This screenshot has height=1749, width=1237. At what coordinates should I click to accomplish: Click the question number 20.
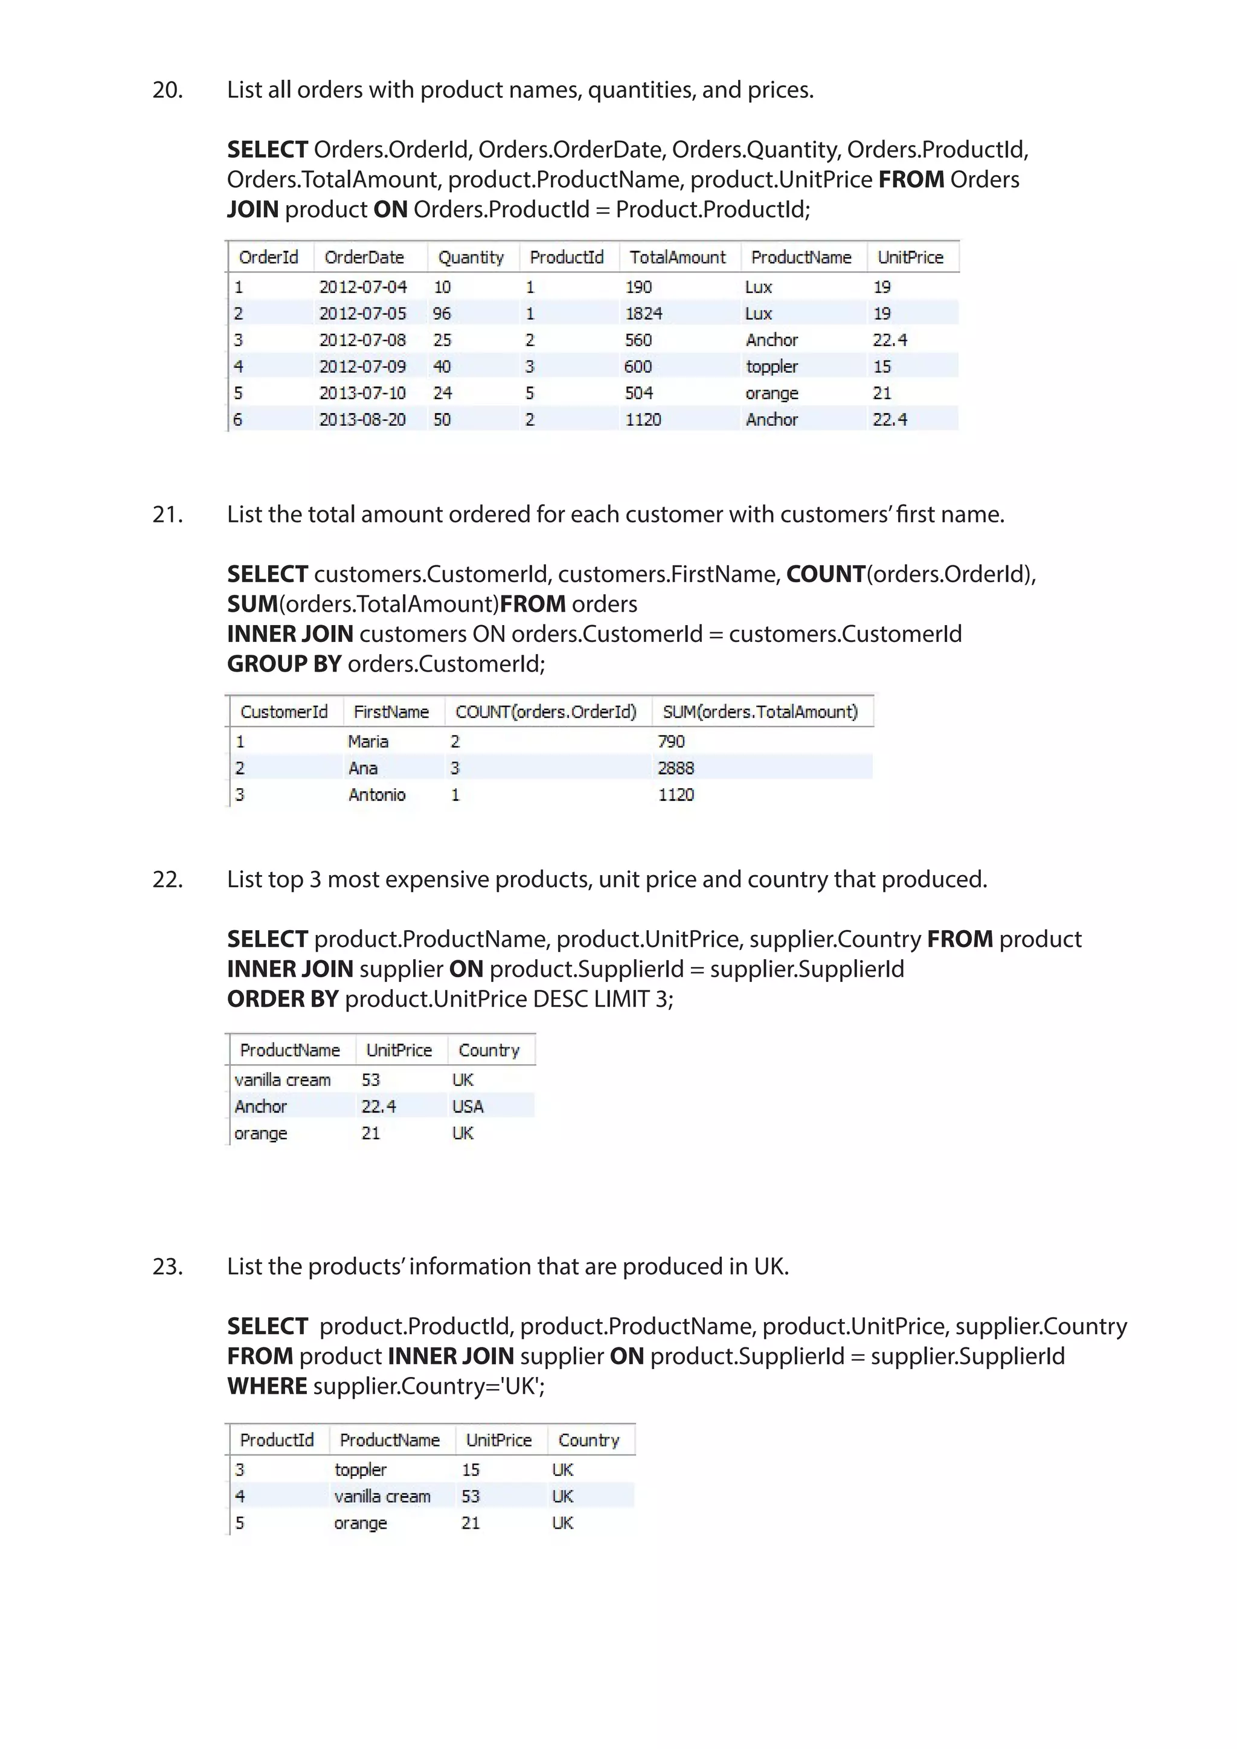click(x=167, y=90)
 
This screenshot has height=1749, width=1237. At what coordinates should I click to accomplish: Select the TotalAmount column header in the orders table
click(x=677, y=257)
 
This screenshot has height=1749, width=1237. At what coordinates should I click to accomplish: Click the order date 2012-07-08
click(x=362, y=340)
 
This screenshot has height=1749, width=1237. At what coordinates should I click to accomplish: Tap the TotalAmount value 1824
click(x=644, y=313)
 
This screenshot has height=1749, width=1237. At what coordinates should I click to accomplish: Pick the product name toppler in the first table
click(x=771, y=367)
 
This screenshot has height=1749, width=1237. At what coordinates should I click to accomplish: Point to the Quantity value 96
click(x=442, y=313)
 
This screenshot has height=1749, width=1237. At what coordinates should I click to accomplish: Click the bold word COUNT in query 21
click(x=825, y=574)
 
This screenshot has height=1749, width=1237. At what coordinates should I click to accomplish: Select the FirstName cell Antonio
click(x=377, y=795)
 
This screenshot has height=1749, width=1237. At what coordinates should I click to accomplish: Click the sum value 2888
click(x=676, y=768)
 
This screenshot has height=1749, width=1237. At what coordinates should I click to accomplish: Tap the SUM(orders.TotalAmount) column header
click(x=759, y=711)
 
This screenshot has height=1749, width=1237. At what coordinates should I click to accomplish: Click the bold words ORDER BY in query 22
click(x=283, y=999)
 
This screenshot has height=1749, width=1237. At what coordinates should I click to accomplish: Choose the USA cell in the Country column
click(x=467, y=1106)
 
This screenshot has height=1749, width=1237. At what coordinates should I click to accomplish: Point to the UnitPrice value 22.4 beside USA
click(x=379, y=1106)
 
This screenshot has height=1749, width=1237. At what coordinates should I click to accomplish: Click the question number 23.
click(x=167, y=1266)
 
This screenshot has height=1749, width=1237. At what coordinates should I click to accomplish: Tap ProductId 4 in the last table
click(x=240, y=1496)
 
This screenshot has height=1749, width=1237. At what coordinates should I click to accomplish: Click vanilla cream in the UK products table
click(x=382, y=1496)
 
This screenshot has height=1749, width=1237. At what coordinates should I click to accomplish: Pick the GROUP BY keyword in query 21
click(x=284, y=664)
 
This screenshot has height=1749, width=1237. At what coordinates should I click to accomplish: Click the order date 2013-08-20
click(x=362, y=420)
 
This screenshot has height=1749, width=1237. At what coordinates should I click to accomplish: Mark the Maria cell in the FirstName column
click(x=368, y=741)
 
